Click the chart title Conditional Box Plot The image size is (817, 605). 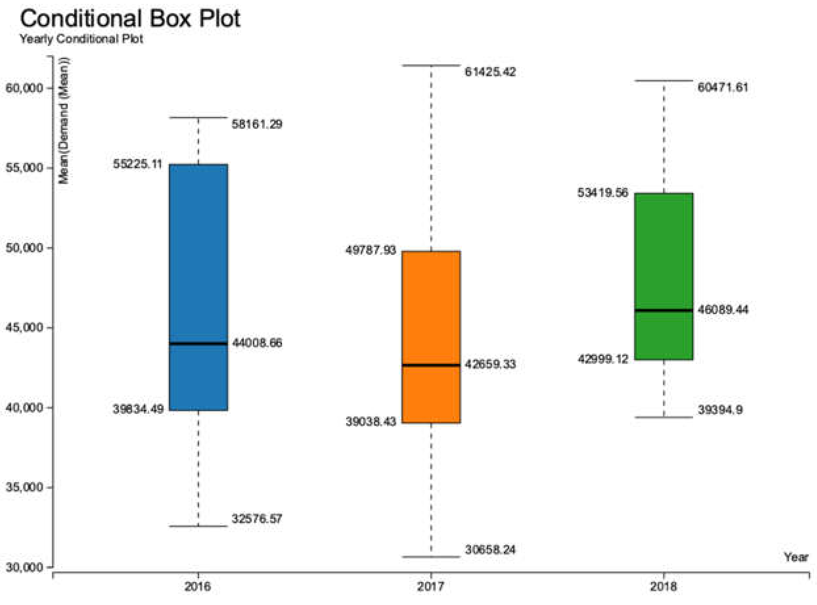pos(130,18)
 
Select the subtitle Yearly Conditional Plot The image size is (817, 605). pos(81,39)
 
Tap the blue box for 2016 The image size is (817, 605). pos(198,257)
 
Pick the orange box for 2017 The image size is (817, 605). pos(431,311)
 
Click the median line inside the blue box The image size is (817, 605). pos(198,343)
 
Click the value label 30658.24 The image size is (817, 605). pos(490,549)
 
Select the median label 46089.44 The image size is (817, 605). pos(722,310)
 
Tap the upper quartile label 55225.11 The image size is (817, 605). pos(137,164)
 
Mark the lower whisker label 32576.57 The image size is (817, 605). pos(257,519)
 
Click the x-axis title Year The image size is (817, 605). pos(796,557)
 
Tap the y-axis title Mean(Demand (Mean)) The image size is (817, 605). pos(64,121)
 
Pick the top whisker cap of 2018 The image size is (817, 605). pos(663,80)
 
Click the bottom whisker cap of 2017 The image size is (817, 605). pos(431,557)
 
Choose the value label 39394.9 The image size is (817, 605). pos(720,410)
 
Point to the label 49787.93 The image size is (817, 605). pos(371,251)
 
